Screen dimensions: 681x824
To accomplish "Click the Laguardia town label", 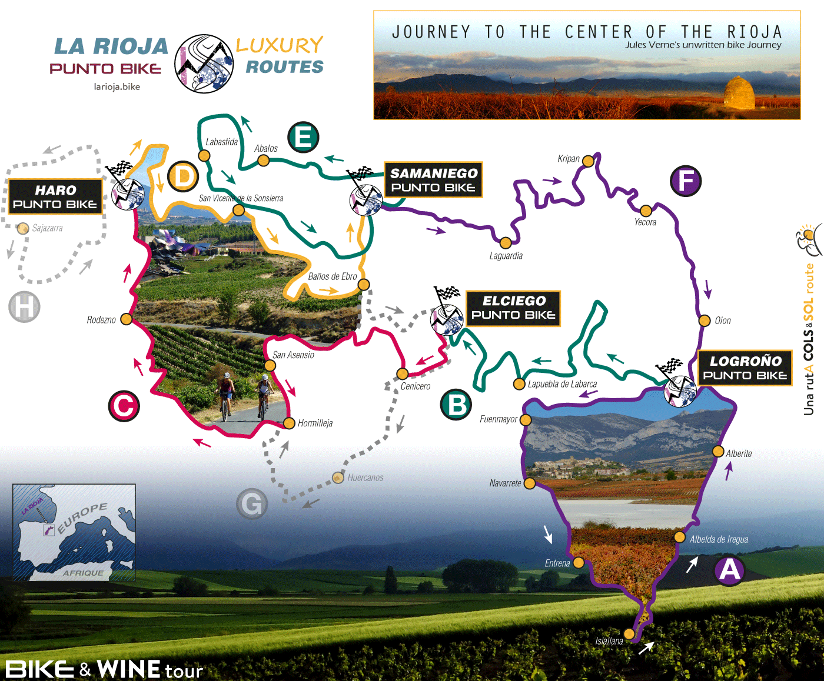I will coord(506,256).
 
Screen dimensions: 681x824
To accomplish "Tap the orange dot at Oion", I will coord(705,321).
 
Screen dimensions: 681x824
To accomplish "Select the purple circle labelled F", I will coord(686,181).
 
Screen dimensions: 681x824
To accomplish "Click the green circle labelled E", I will coord(303,138).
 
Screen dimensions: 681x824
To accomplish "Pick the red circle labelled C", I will coord(124,406).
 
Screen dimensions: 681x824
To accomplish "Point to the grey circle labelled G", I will coord(252,504).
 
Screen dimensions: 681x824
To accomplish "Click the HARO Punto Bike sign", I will coord(55,197).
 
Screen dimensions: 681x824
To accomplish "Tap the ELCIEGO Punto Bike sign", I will coord(513,308).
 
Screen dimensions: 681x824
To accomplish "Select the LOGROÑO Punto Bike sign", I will coord(745,368).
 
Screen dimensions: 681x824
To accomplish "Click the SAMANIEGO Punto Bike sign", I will coord(433,180).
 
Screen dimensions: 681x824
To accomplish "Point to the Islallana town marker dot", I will coord(629,633).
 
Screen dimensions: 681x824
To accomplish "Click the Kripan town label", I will coord(568,159).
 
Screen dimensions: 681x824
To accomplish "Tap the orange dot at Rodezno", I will coord(126,319).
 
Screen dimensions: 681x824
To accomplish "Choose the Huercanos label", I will coord(365,478).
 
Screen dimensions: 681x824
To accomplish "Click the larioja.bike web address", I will coord(117,87).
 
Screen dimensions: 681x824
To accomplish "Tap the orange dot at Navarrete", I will coord(529,483).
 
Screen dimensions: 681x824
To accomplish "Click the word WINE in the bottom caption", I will coord(128,669).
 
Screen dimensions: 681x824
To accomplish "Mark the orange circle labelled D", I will coord(183,176).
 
